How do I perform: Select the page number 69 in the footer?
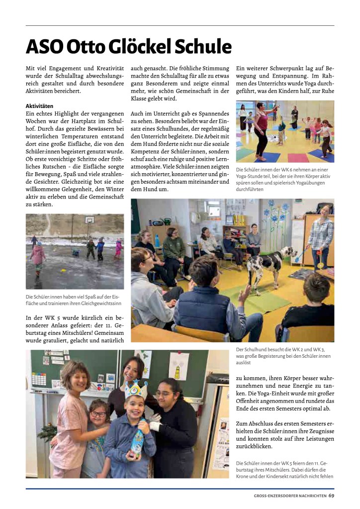coord(331,495)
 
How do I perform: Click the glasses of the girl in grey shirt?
coord(98,414)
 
